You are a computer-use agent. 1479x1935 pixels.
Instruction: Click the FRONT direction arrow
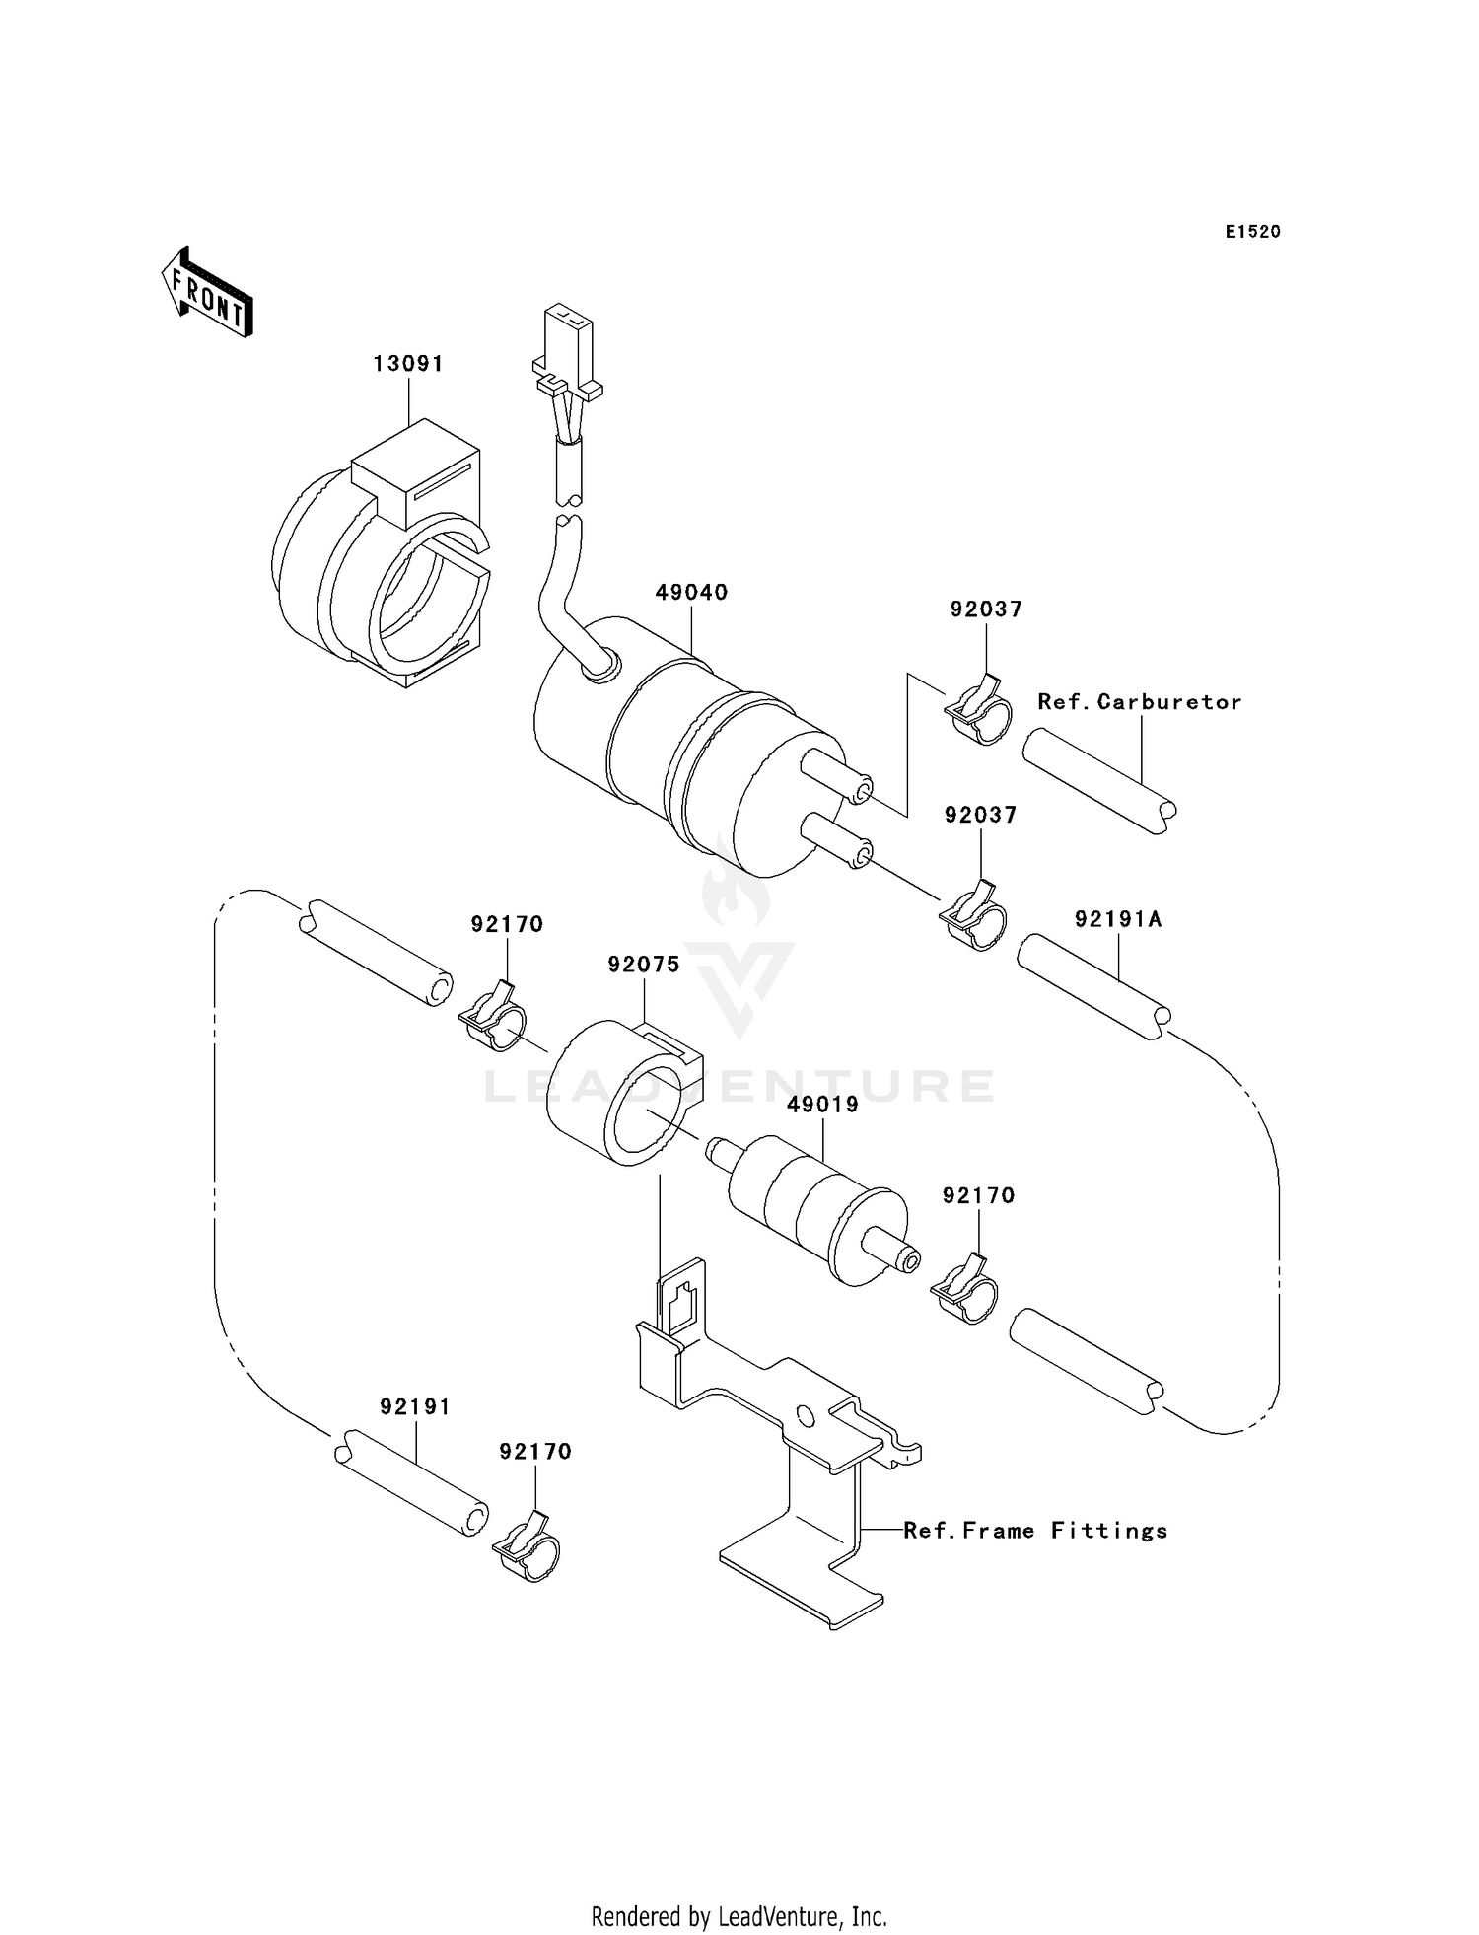207,293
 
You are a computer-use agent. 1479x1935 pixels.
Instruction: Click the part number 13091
408,364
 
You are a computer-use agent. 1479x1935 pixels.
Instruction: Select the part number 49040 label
691,593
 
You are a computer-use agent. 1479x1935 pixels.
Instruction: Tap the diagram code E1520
1252,232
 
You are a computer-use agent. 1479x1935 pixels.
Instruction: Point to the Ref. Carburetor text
1139,702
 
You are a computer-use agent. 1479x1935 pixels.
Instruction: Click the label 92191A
1118,920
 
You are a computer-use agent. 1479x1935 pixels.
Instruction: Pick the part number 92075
644,965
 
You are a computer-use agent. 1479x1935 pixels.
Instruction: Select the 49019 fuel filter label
822,1105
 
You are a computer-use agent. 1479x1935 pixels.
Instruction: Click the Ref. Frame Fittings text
1035,1531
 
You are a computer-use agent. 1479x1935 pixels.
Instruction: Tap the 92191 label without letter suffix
415,1407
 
